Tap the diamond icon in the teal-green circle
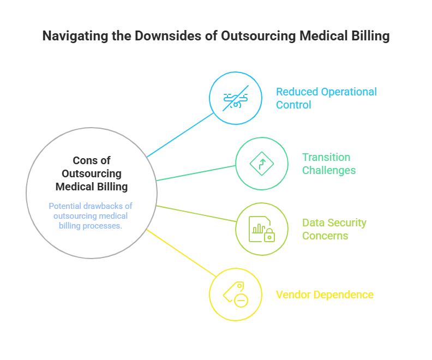pos(260,163)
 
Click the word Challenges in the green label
pos(329,170)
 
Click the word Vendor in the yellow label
pos(290,295)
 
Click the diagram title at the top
pos(216,37)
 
